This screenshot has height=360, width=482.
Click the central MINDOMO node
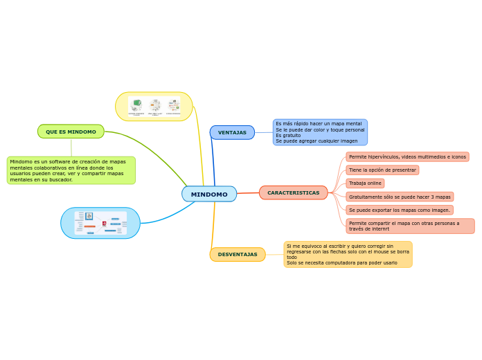(209, 195)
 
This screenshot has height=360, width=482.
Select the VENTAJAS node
(232, 132)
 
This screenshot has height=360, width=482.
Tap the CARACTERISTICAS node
(294, 192)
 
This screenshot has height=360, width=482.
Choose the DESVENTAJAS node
(238, 255)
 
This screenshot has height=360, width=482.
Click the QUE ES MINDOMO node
(71, 132)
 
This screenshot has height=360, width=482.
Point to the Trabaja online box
(365, 183)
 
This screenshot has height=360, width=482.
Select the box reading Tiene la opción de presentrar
(382, 170)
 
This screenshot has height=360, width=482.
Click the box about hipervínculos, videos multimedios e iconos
(407, 157)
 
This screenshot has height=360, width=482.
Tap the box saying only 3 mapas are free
(400, 197)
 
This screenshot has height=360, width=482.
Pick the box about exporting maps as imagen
(400, 210)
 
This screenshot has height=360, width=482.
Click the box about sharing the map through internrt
(410, 226)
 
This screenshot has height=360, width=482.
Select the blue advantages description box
(320, 132)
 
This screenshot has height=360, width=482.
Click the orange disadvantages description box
(348, 254)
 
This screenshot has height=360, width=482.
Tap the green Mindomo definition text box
(71, 170)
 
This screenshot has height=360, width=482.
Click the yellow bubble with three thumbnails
(154, 107)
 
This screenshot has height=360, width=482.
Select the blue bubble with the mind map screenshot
(100, 223)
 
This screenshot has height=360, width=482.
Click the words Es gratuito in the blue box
(288, 135)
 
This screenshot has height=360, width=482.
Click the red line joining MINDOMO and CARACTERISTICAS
(248, 193)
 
